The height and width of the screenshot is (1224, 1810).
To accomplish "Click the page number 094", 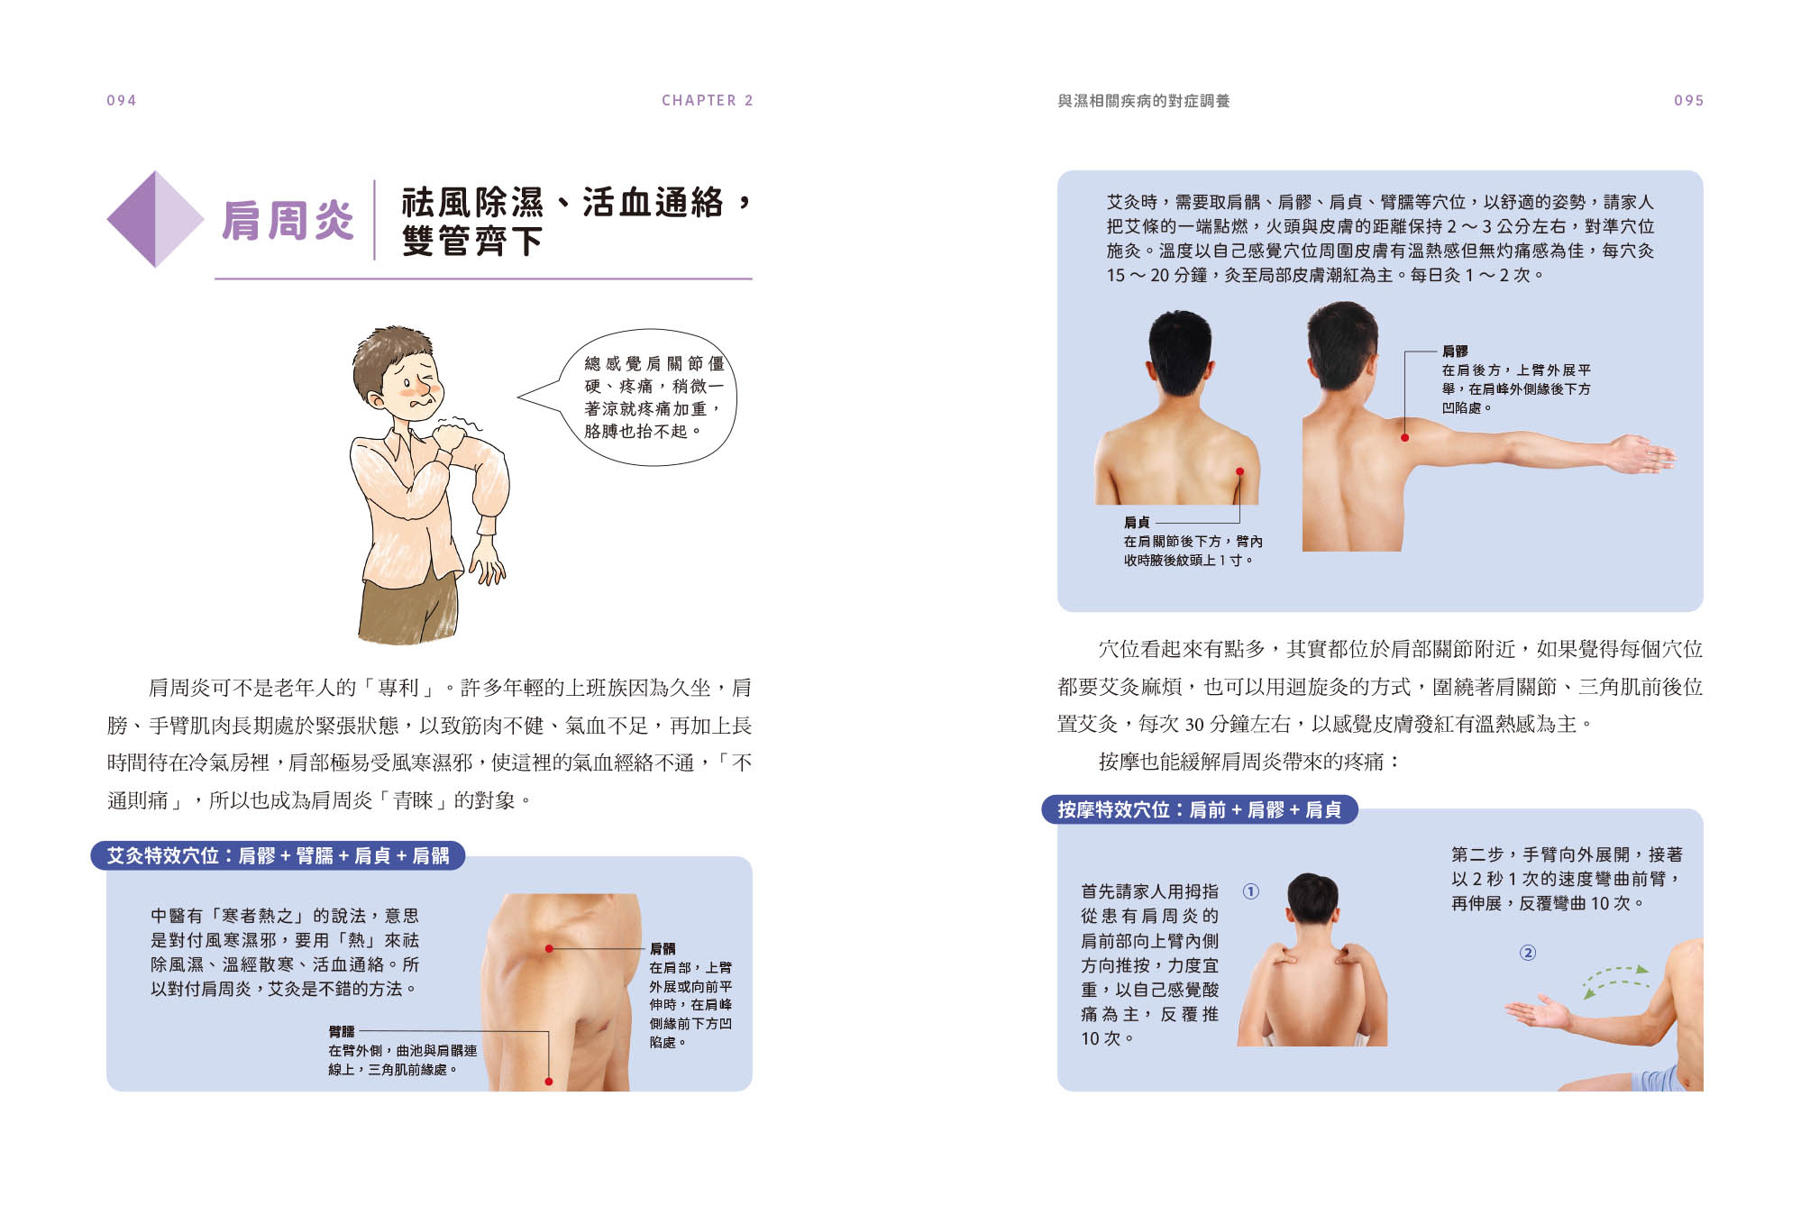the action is tap(122, 100).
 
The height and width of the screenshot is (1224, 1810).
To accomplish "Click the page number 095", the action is tap(1688, 100).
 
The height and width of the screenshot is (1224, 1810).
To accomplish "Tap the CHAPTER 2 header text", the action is tap(707, 100).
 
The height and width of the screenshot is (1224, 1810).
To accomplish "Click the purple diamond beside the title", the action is tap(155, 219).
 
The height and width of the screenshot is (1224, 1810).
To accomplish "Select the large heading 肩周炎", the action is tap(288, 221).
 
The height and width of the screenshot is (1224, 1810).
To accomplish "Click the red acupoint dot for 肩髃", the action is tap(549, 948).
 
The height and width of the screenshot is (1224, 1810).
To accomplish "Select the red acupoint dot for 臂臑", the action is tap(548, 1082).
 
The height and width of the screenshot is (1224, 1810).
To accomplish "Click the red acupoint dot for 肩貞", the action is tap(1240, 471).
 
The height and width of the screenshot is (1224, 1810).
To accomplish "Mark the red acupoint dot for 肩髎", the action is tap(1404, 438).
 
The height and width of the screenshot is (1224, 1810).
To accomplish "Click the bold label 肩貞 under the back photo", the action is tap(1137, 522).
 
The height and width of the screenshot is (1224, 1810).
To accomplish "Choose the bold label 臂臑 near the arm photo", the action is tap(342, 1031).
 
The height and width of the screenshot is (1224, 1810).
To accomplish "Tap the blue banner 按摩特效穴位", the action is tap(1200, 809).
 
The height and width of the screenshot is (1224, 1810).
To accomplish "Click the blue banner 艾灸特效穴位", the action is tap(278, 855).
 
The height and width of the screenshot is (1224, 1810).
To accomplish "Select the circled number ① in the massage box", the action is tap(1251, 891).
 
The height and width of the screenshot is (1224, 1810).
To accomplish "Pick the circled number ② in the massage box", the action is tap(1528, 953).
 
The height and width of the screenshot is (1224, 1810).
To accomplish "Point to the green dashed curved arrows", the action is tap(1616, 981).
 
